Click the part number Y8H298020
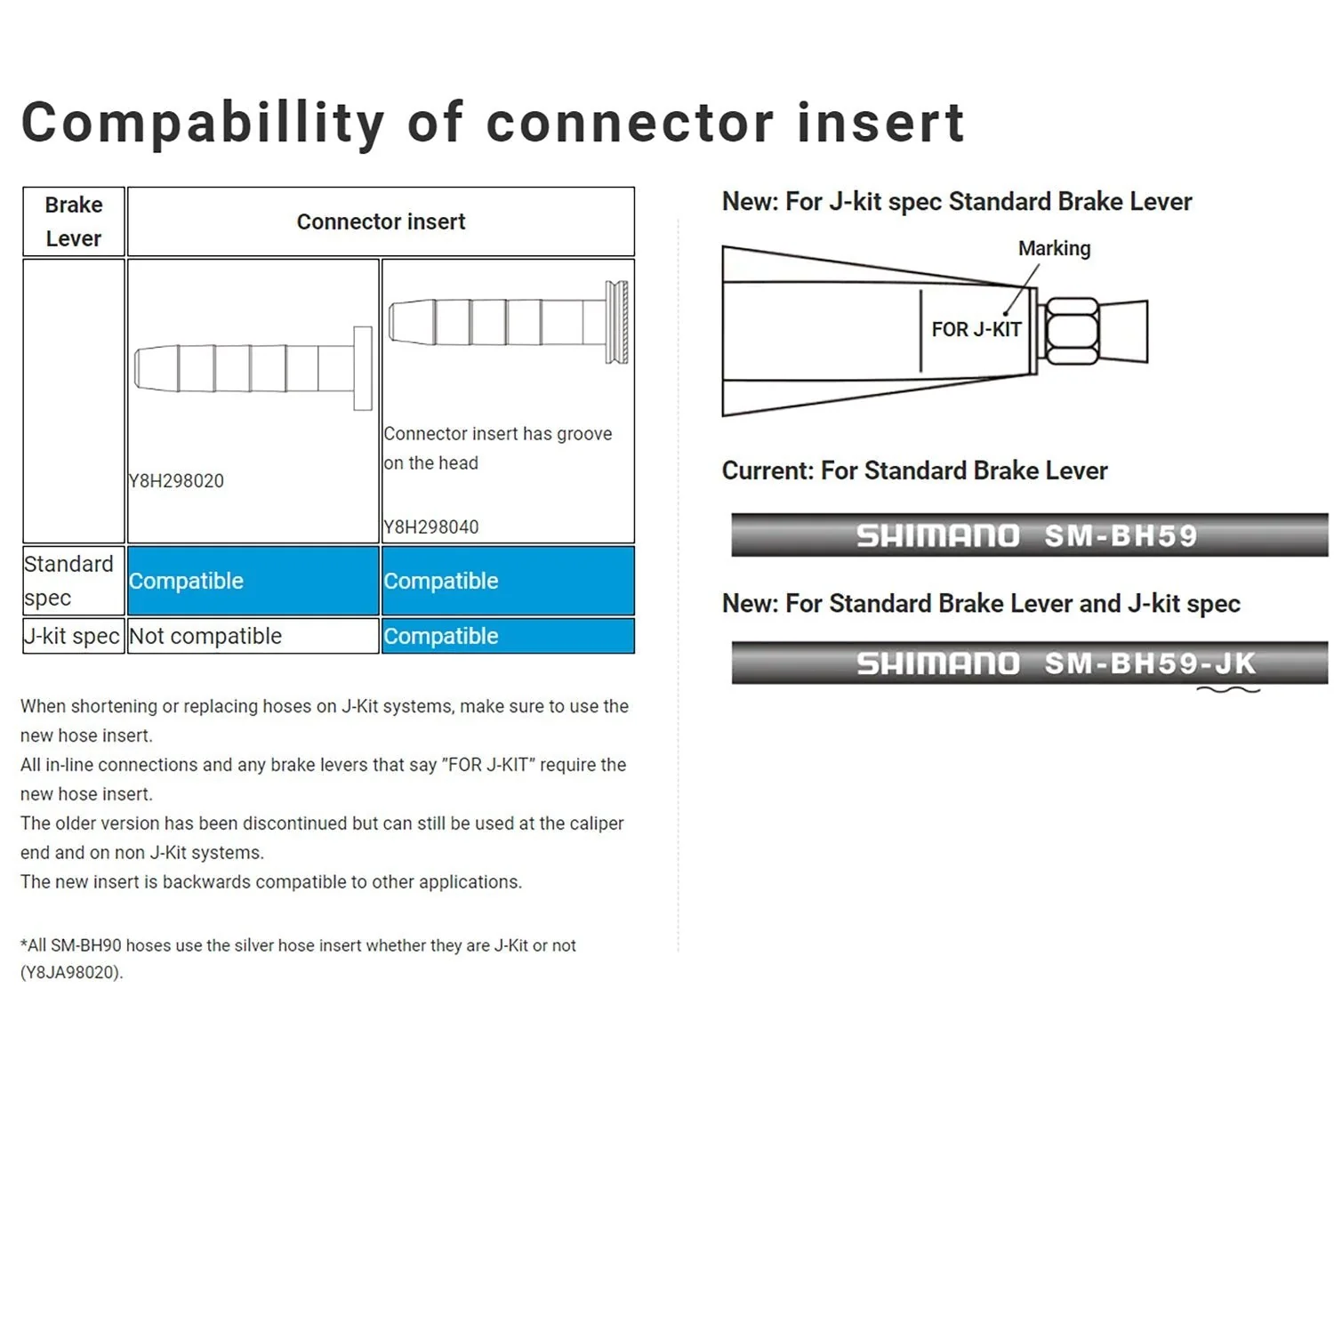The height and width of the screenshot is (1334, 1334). coord(176,481)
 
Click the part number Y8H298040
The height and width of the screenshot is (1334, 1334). coord(431,527)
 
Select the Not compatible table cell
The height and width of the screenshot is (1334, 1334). coord(253,636)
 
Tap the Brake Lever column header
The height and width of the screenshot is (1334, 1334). coord(74,221)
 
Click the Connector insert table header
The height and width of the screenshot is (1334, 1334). coord(381,221)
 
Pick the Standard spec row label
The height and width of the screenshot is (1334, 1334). coord(69,581)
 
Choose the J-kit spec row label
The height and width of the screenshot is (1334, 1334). coord(72,636)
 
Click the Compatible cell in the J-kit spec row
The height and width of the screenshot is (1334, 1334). coord(508,636)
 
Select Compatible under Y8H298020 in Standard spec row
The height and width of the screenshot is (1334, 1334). coord(253,581)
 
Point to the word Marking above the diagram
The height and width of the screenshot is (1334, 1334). coord(1054,248)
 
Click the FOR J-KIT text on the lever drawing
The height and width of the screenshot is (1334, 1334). coord(976,329)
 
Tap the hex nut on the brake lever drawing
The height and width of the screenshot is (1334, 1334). coord(1072,332)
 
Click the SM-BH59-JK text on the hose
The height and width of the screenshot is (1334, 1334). coord(1150,663)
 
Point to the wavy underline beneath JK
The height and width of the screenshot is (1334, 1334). coord(1228,688)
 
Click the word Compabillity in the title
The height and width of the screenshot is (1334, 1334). coord(204,123)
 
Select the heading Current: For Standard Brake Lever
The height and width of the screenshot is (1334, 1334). coord(914,470)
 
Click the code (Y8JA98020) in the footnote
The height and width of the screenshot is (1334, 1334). coord(72,972)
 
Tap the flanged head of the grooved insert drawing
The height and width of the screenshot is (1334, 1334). coord(617,322)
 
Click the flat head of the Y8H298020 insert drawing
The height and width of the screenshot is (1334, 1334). coord(363,368)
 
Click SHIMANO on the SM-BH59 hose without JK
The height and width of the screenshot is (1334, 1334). coord(937,536)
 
